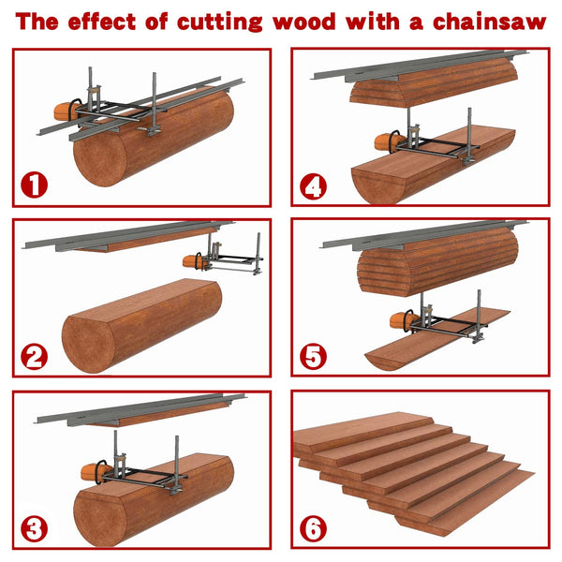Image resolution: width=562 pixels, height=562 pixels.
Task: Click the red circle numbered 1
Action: click(35, 184)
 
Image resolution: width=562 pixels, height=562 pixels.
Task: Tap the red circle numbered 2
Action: click(35, 356)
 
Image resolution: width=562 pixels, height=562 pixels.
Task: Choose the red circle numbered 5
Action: click(314, 357)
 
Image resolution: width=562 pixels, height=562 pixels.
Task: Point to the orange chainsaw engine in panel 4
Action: click(387, 143)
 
